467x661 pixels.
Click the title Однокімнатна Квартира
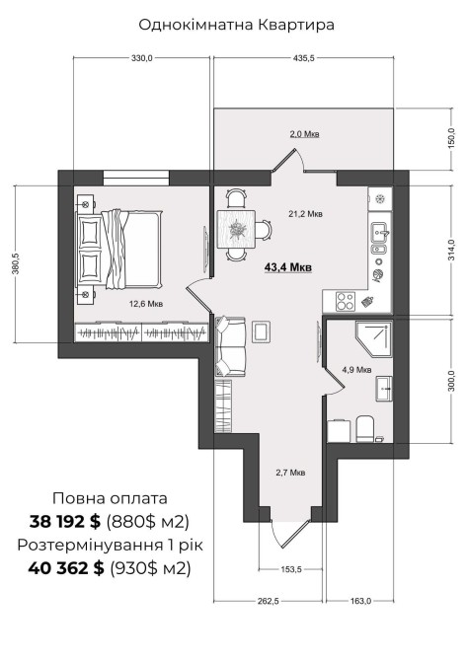(x=236, y=25)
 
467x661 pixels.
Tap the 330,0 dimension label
(x=141, y=58)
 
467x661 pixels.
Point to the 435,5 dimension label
(x=304, y=58)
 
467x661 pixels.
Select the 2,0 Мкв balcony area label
(x=304, y=134)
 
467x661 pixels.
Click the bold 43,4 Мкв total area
(x=288, y=266)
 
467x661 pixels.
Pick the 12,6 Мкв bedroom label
(x=146, y=304)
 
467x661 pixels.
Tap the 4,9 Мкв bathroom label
(x=356, y=370)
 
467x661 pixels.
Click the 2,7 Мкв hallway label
(x=290, y=473)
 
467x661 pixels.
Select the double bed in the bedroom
(x=118, y=250)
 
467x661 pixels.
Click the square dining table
(x=236, y=229)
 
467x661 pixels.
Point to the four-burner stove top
(x=346, y=302)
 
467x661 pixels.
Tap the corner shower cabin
(x=373, y=339)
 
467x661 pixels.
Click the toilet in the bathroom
(x=365, y=429)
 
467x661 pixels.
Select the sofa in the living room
(x=230, y=346)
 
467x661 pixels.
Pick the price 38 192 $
(x=65, y=522)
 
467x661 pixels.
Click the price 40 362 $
(x=66, y=568)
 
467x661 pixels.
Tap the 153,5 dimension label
(x=291, y=569)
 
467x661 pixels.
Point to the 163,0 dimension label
(x=360, y=601)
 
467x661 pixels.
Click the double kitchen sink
(x=380, y=239)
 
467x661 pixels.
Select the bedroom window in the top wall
(x=136, y=177)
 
